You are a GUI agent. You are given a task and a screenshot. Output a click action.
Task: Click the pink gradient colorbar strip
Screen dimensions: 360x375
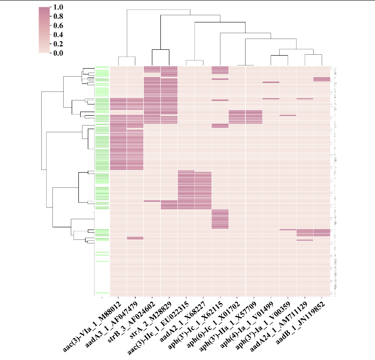[44, 30]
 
